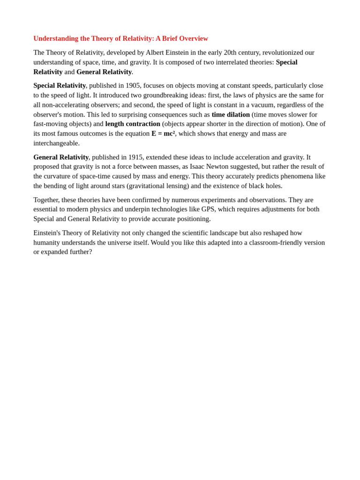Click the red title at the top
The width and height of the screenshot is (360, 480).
pyautogui.click(x=120, y=38)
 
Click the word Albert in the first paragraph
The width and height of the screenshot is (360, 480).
pyautogui.click(x=155, y=52)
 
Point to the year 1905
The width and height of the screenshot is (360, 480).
pyautogui.click(x=133, y=85)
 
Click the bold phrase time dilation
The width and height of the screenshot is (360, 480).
pyautogui.click(x=231, y=114)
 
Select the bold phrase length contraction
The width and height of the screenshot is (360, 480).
pyautogui.click(x=133, y=124)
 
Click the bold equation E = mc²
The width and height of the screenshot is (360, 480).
pyautogui.click(x=163, y=134)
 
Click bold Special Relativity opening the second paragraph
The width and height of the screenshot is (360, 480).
pyautogui.click(x=60, y=85)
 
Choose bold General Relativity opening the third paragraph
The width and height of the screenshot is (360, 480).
pyautogui.click(x=61, y=157)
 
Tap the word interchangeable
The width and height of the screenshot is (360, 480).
pyautogui.click(x=56, y=143)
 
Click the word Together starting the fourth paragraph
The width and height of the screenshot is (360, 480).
pyautogui.click(x=46, y=200)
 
